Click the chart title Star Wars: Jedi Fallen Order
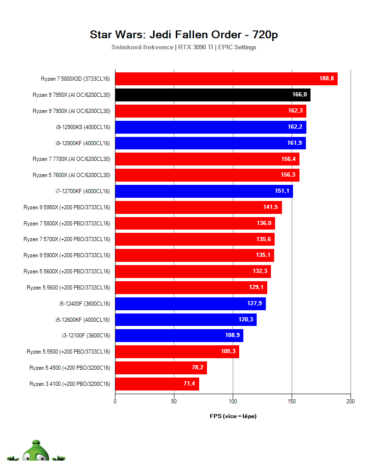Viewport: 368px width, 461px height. (184, 35)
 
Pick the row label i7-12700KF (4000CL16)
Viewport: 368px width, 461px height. (82, 191)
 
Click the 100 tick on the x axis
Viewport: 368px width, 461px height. (233, 402)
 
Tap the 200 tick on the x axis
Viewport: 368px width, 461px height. (351, 402)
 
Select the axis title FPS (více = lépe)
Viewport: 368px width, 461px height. (233, 416)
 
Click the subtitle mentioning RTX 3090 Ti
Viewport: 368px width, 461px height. (184, 47)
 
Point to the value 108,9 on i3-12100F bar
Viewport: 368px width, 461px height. (232, 336)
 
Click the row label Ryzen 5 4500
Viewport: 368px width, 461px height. (70, 368)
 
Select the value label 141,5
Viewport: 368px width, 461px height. (271, 207)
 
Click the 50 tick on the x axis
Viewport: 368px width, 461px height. (174, 402)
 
